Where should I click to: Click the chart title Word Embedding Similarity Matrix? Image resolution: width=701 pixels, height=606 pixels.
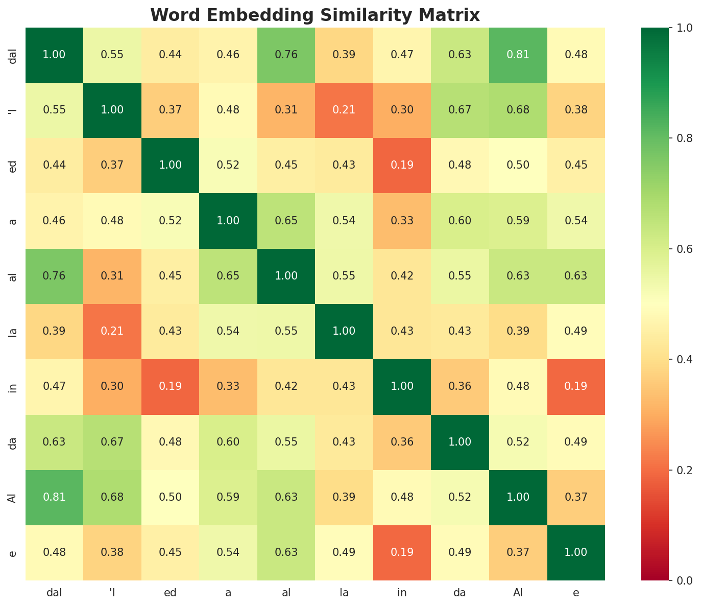(x=315, y=15)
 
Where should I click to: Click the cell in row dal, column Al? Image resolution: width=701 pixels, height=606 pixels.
(x=518, y=55)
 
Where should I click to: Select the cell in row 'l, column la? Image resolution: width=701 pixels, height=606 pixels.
(x=344, y=110)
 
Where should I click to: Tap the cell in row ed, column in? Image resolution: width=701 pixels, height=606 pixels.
(x=402, y=165)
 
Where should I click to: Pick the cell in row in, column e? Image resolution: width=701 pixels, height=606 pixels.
(x=576, y=386)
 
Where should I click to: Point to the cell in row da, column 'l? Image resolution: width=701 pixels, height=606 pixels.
(x=112, y=441)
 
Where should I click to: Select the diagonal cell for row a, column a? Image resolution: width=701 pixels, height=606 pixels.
(x=228, y=221)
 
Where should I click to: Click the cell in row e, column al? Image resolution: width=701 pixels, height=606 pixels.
(x=286, y=552)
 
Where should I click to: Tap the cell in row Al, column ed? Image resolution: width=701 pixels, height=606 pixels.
(x=170, y=497)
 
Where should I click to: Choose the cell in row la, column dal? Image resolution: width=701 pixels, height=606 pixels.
(x=54, y=331)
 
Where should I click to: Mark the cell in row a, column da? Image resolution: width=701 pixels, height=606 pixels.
(x=460, y=221)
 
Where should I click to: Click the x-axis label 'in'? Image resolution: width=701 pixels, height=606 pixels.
(x=402, y=593)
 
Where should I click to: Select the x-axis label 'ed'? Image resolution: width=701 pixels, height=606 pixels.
(x=170, y=593)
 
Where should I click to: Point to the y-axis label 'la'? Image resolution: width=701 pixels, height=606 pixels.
(x=14, y=331)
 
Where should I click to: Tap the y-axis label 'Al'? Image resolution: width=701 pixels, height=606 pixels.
(x=14, y=497)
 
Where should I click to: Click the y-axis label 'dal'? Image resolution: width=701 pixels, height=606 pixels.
(x=14, y=55)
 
